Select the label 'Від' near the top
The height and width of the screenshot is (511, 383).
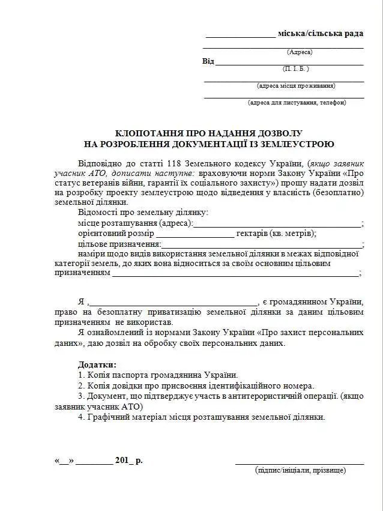(208, 61)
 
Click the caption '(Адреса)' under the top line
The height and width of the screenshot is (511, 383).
(300, 52)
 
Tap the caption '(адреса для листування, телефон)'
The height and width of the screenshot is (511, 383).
(297, 103)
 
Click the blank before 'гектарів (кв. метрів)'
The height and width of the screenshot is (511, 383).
(195, 234)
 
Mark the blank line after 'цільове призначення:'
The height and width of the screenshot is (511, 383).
(262, 244)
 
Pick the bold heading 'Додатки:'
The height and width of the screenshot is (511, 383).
(97, 364)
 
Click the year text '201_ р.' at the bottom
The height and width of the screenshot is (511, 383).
(128, 461)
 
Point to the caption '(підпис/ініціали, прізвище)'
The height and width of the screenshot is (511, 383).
(300, 470)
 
